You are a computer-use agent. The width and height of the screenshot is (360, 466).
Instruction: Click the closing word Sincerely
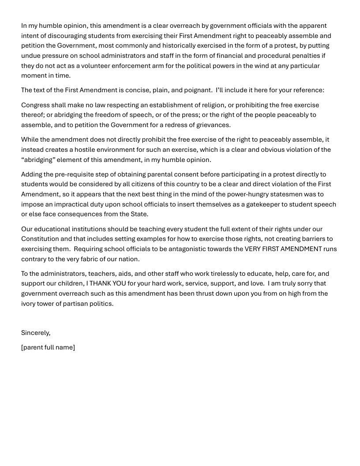click(x=36, y=333)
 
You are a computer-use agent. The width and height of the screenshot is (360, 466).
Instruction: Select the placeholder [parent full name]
click(x=48, y=347)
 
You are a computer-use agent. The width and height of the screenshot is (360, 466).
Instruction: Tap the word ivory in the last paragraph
click(x=29, y=304)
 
